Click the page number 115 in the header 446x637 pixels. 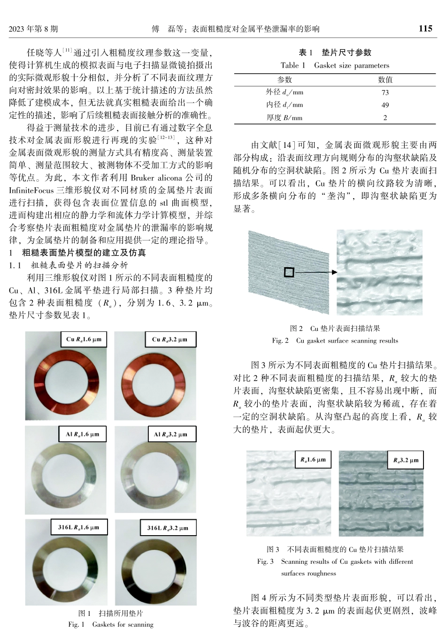425,29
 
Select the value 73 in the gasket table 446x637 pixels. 385,92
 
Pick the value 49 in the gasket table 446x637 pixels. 385,105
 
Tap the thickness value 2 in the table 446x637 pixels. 385,118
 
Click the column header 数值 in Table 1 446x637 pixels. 385,80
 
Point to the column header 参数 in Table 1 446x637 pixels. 285,80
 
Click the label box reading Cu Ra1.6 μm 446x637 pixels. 84,339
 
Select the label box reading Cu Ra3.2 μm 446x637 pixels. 169,339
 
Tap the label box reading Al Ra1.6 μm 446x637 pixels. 83,434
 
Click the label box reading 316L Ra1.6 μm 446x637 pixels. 78,527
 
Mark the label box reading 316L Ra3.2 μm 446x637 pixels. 168,528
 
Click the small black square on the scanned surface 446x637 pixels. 289,272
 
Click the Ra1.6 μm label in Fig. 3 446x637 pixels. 313,460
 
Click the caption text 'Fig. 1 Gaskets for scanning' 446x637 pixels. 111,624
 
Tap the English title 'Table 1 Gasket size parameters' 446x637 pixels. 335,65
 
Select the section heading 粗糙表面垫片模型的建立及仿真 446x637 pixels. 84,253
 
